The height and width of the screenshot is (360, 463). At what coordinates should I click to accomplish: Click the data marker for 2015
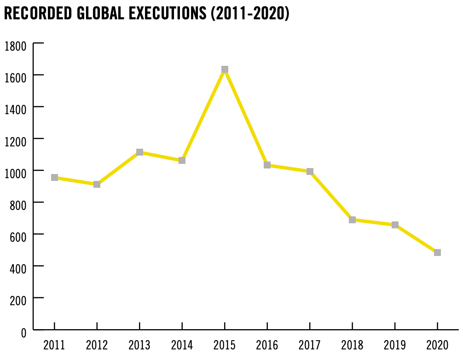click(225, 70)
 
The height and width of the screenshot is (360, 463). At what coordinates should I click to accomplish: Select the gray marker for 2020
click(437, 252)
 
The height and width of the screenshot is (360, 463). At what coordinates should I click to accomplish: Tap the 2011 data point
click(54, 178)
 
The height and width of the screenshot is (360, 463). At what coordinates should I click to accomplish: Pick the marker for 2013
click(139, 152)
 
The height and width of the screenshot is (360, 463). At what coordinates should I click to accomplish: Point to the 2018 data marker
click(352, 220)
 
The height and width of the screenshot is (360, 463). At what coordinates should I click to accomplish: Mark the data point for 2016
click(267, 165)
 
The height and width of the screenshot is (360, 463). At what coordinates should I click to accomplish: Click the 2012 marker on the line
click(97, 184)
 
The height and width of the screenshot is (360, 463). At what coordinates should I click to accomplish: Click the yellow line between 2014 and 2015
click(203, 115)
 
